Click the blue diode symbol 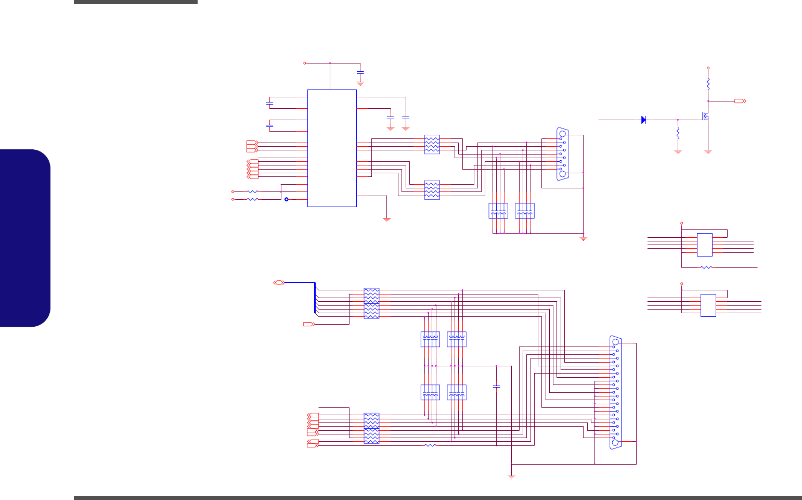(x=643, y=120)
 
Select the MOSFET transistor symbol (x=705, y=117)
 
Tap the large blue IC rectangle (x=332, y=148)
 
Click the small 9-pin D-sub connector (x=562, y=154)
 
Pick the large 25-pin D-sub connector (x=616, y=392)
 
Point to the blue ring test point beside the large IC (x=286, y=199)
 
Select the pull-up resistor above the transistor (x=708, y=83)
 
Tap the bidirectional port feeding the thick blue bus (x=279, y=282)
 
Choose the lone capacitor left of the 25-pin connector (x=497, y=387)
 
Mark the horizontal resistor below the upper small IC (x=706, y=267)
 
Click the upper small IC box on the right (x=704, y=245)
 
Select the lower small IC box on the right (x=708, y=305)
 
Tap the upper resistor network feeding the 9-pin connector (x=432, y=144)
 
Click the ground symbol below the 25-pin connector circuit (x=512, y=476)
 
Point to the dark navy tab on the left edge (x=25, y=238)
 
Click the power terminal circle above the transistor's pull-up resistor (x=708, y=68)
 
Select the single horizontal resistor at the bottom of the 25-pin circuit (x=430, y=445)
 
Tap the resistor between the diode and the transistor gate (x=678, y=133)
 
